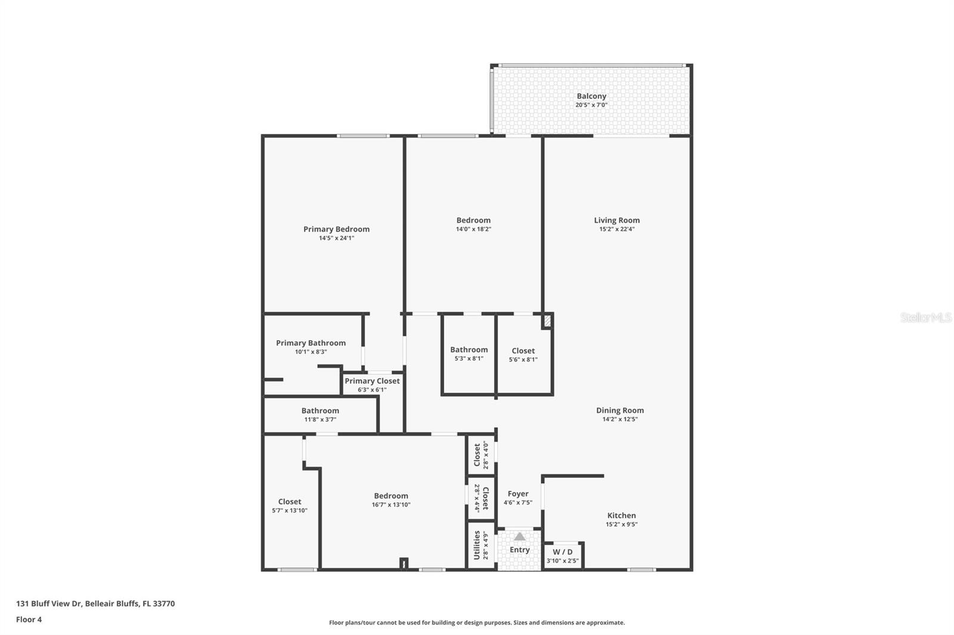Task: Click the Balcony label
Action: (x=591, y=96)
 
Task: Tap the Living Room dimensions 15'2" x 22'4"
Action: (x=617, y=229)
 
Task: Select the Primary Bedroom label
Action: (x=336, y=229)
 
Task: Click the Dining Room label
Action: (x=620, y=410)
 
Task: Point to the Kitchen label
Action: (x=621, y=516)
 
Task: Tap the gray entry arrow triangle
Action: (x=520, y=537)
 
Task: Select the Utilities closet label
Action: (x=477, y=545)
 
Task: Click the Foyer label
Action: (x=518, y=494)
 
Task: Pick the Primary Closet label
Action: (x=372, y=381)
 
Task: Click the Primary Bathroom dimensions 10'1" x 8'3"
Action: (x=311, y=352)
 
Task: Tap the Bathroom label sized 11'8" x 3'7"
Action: (x=320, y=411)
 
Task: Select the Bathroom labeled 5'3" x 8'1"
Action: (x=469, y=354)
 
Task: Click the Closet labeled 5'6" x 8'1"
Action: (x=523, y=354)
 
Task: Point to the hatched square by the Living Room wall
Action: (x=547, y=321)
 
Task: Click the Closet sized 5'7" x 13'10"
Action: (x=289, y=506)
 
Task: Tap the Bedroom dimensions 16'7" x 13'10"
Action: (x=391, y=505)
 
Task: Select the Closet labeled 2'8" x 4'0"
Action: (x=480, y=455)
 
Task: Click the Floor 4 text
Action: (x=29, y=620)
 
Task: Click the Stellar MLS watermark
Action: (x=925, y=317)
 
